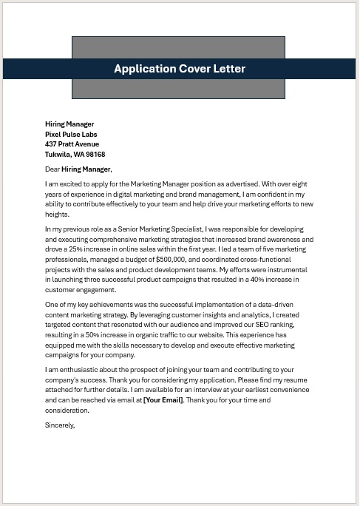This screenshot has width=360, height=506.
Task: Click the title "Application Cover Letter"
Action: pos(180,69)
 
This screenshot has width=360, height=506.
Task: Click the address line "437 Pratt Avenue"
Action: pos(72,144)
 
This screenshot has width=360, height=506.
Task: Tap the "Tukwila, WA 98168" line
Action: pos(75,155)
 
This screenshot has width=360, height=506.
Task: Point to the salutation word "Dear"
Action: pos(52,169)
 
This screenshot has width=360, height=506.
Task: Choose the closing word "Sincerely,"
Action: pos(60,425)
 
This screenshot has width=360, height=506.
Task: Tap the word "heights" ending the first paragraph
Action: pos(56,214)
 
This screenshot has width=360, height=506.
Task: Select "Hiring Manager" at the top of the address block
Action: pos(69,124)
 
